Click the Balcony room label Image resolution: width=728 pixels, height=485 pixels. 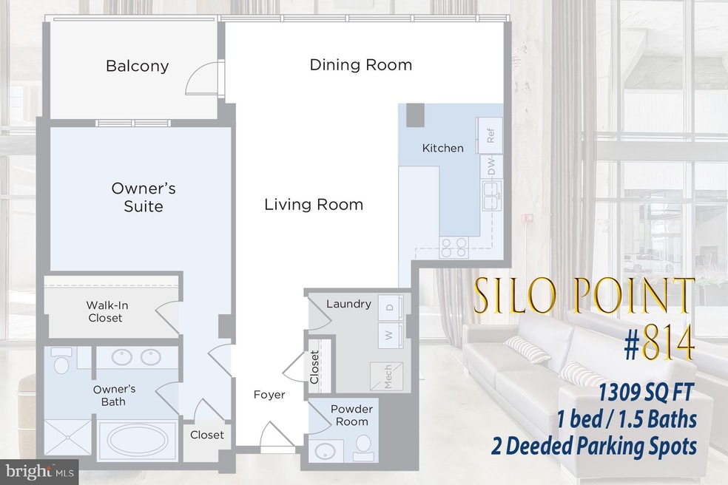click(138, 66)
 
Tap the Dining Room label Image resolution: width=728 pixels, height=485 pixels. click(360, 65)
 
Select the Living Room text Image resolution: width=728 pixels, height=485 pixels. click(314, 204)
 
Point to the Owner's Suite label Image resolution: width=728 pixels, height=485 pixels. click(144, 197)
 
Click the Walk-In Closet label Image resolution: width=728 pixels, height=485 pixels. click(104, 311)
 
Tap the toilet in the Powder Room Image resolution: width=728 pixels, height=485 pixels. click(363, 444)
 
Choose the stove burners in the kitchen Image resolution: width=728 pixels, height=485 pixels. click(451, 246)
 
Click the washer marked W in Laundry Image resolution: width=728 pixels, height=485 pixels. click(387, 334)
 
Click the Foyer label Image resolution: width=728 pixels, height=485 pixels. click(269, 395)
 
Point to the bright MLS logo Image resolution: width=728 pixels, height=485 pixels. click(33, 469)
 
